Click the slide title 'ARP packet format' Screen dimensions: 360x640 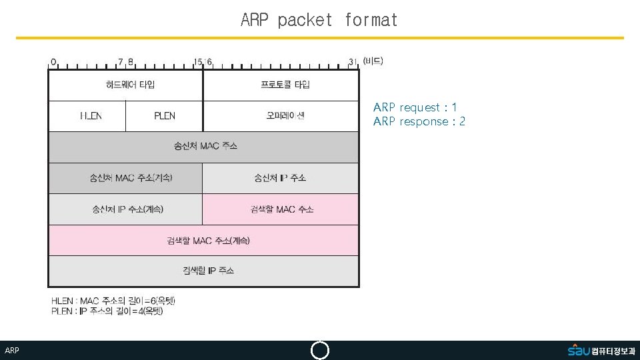tap(319, 20)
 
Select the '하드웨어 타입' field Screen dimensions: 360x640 tap(125, 85)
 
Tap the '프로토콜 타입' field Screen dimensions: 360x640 tap(281, 85)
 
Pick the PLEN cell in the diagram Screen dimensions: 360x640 tap(164, 116)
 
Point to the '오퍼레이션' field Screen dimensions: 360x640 tap(281, 116)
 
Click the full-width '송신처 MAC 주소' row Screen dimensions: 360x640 tap(203, 147)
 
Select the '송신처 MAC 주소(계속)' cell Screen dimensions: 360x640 tap(125, 178)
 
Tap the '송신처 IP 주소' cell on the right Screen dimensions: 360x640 tap(281, 178)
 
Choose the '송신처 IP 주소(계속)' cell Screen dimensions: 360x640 tap(125, 209)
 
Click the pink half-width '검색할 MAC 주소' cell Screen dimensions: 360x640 tap(281, 209)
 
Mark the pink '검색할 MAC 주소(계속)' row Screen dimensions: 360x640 tap(203, 240)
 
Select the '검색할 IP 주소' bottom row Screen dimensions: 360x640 tap(203, 271)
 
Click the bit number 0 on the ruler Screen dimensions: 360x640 tap(53, 62)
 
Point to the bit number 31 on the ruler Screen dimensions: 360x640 tap(353, 62)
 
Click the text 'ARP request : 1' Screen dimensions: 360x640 tap(415, 107)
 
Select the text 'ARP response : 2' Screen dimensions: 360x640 tap(419, 121)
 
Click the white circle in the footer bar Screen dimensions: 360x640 tap(320, 351)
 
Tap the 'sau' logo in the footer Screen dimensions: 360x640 tap(579, 351)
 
